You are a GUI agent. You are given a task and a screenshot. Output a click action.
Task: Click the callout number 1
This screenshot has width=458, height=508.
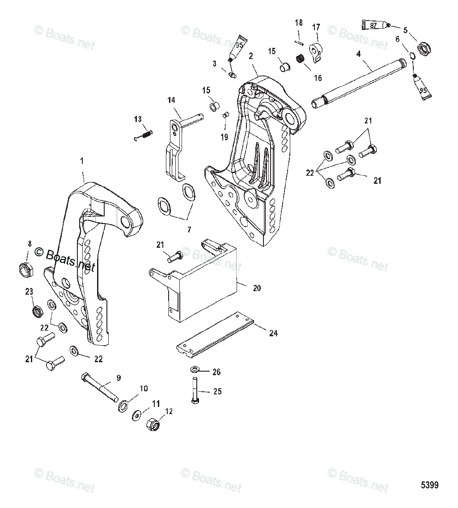82,161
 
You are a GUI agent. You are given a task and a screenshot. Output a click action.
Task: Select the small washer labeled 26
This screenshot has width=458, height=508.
195,369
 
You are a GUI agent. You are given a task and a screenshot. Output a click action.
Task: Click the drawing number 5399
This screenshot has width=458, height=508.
429,485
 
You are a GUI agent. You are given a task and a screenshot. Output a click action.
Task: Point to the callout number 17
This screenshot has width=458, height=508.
316,27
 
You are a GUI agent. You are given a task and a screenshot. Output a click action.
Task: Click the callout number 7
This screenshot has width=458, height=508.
189,230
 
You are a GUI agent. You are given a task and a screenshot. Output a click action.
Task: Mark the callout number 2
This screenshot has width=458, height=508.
251,56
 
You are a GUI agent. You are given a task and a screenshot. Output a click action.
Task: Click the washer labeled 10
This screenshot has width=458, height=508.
123,406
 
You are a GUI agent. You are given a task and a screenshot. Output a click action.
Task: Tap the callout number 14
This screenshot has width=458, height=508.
171,101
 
